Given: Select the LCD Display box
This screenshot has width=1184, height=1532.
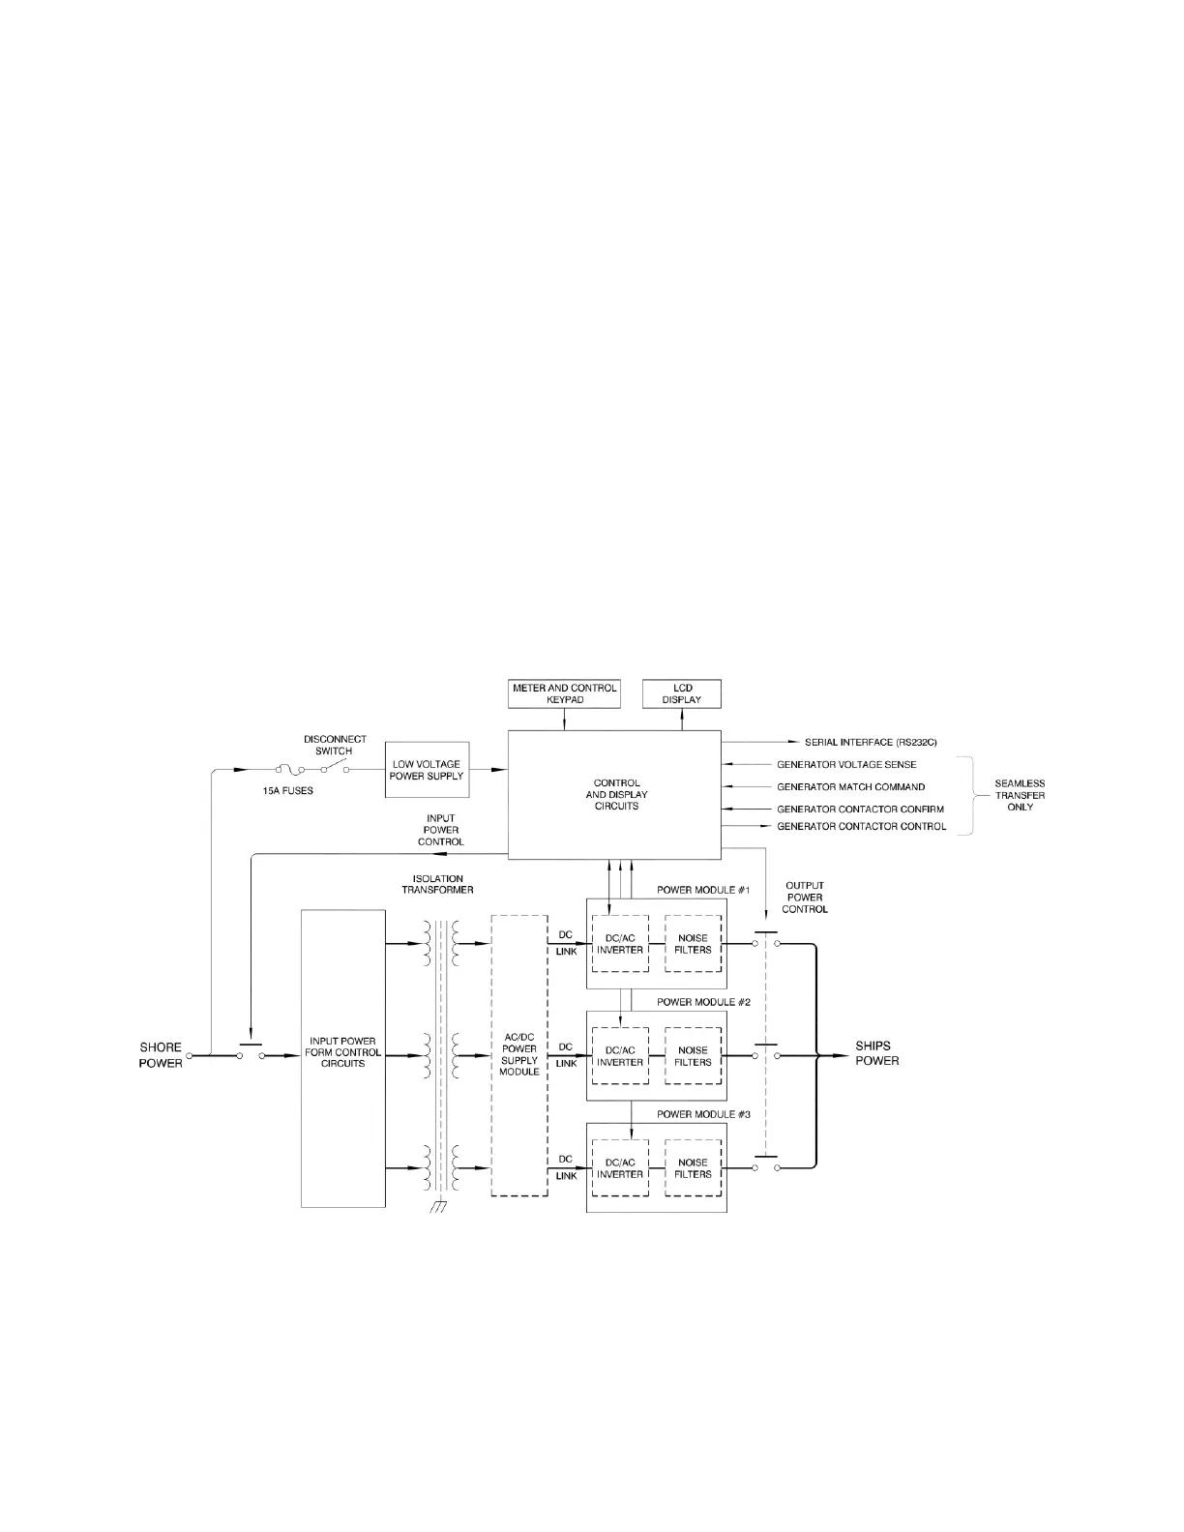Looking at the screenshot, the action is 682,693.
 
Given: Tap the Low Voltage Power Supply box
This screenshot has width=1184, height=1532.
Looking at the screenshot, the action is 427,770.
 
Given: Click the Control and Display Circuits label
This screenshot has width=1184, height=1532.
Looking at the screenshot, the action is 616,794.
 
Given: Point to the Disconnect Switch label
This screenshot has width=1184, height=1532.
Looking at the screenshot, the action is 335,745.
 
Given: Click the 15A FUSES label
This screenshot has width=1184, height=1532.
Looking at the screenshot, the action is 288,791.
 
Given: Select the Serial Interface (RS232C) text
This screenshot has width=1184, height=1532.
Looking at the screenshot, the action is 871,743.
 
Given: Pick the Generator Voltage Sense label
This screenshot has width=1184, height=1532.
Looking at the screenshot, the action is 846,764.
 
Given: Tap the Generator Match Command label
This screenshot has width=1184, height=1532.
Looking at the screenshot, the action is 850,786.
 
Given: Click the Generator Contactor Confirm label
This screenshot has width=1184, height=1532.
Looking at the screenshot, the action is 860,809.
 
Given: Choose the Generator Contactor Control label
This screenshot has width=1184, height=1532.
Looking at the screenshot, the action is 862,827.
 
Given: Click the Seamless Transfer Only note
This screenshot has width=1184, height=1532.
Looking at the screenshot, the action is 1020,795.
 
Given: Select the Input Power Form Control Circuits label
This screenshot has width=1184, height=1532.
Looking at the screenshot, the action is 342,1052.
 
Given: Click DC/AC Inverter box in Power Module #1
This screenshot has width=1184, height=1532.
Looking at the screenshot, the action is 620,944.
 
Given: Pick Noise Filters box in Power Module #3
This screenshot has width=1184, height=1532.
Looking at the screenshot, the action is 694,1168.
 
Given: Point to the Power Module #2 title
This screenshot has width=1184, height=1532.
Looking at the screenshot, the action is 703,1002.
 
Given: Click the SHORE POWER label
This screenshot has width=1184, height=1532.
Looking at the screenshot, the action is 161,1055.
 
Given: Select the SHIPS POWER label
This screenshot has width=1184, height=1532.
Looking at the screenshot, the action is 876,1053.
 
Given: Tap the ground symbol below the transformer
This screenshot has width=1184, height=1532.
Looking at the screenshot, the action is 439,1206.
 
